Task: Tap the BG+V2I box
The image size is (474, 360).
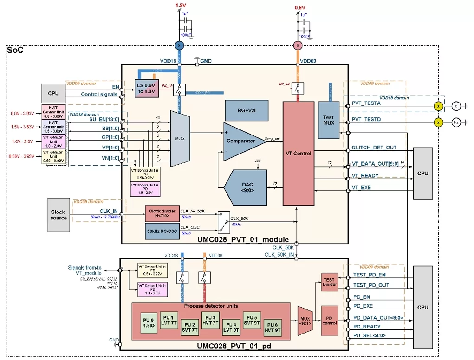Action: tap(246, 111)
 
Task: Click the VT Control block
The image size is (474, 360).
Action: tap(299, 154)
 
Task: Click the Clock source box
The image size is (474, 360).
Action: tap(58, 215)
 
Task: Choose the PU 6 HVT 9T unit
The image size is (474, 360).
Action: tap(273, 328)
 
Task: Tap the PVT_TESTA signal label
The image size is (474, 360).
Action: tap(366, 103)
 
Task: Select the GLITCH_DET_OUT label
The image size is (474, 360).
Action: tap(374, 148)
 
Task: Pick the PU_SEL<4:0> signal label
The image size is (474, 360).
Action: tap(369, 335)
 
